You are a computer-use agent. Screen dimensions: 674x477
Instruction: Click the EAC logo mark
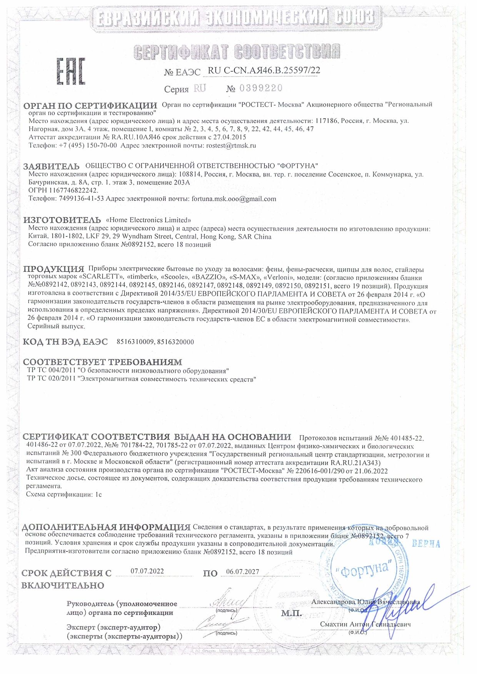[71, 72]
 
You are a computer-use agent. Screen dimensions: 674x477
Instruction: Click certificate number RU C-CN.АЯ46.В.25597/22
[264, 71]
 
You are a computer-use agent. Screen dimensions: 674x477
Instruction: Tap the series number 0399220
[261, 88]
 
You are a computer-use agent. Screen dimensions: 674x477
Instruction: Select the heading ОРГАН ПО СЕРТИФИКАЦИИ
[90, 106]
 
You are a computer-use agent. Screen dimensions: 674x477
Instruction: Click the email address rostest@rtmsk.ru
[231, 146]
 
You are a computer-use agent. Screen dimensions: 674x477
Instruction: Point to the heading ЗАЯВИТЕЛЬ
[51, 166]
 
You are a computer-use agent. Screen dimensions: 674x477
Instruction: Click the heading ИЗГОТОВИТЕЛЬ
[62, 220]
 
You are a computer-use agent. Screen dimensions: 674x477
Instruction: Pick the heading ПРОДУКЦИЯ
[53, 269]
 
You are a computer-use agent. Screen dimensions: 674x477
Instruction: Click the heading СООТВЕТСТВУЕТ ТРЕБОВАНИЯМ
[102, 362]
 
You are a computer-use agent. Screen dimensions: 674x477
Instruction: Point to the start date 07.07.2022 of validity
[147, 571]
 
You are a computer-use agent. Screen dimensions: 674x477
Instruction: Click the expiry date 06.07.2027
[243, 572]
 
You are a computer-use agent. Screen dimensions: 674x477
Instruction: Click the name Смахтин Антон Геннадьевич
[365, 624]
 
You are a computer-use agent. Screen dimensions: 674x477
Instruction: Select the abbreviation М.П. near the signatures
[292, 614]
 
